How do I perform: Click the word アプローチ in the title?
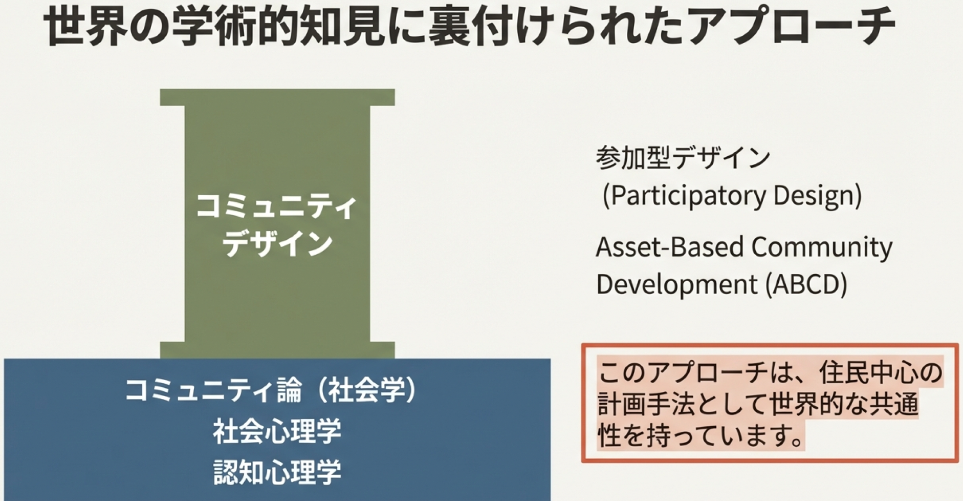(x=793, y=27)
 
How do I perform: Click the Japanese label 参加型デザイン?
(x=683, y=157)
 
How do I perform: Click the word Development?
(x=677, y=284)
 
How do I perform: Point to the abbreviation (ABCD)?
(x=806, y=284)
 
